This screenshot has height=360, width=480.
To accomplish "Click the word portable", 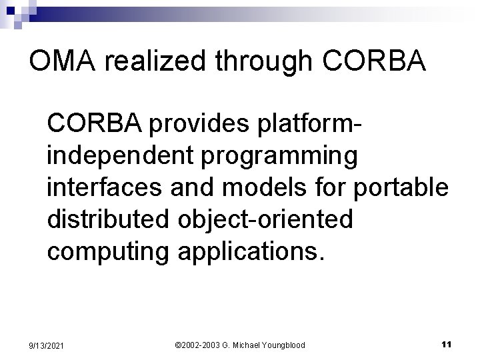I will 401,189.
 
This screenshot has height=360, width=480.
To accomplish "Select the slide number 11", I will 447,344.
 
